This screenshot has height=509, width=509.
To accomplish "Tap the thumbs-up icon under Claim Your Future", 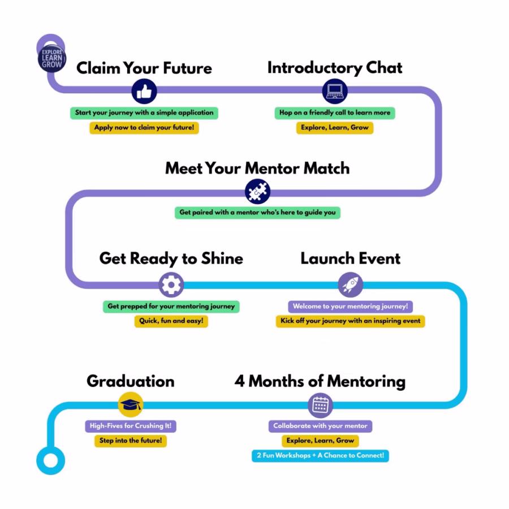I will pos(144,91).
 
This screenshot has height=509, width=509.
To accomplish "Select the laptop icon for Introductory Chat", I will pos(335,91).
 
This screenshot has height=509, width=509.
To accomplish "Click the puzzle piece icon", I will pos(258,192).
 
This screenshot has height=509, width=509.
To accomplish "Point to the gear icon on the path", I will pos(170,284).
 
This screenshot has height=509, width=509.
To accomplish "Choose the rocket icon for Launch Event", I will pos(350,284).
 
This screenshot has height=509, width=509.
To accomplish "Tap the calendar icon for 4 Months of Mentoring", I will pos(320,405).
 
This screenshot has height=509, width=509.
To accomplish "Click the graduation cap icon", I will pos(131,405).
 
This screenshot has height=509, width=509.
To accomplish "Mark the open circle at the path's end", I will pos(50,459).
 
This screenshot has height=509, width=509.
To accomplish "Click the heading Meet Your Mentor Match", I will pos(257,169).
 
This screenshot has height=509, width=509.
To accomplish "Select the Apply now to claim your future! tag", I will pos(144,128).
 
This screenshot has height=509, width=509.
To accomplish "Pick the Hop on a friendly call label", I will pos(335,113).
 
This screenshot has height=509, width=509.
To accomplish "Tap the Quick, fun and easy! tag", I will pos(171,321).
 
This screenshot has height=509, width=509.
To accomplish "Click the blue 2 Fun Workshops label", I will pos(320,455).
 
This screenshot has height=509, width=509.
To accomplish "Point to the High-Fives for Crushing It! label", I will pos(130,426).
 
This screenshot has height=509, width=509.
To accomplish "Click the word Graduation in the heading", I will pos(130,381).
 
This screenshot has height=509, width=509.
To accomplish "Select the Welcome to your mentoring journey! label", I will pos(350,307).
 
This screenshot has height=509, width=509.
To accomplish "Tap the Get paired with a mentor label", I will pos(257,213).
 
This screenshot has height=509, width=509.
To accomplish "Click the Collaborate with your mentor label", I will pos(320,426).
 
